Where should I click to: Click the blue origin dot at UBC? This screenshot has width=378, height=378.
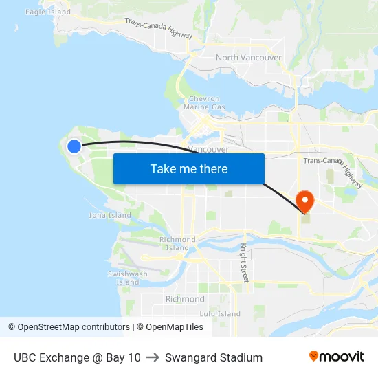tap(74, 145)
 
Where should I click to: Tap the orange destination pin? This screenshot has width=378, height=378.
tap(304, 201)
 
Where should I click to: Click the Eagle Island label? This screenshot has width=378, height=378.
tap(48, 12)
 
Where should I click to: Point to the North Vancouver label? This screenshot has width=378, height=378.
tap(249, 58)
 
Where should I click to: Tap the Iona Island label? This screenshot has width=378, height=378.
tap(110, 215)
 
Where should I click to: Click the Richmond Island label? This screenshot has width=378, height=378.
tap(177, 243)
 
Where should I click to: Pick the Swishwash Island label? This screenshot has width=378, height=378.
tap(127, 278)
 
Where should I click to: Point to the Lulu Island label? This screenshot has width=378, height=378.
tap(220, 314)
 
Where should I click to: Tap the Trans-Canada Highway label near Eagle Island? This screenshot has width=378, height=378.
tap(158, 29)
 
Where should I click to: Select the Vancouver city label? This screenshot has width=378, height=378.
tap(208, 149)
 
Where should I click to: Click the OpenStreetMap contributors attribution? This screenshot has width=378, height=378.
tap(69, 327)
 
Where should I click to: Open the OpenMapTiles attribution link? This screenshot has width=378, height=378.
tap(170, 327)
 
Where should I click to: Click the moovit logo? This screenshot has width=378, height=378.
tap(336, 357)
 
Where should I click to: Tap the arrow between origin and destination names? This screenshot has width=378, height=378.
tap(153, 357)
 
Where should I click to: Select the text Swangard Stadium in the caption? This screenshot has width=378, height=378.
tap(214, 357)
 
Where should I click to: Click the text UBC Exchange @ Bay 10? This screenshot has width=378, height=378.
tap(77, 357)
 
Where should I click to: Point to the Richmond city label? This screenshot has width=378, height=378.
tap(185, 299)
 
